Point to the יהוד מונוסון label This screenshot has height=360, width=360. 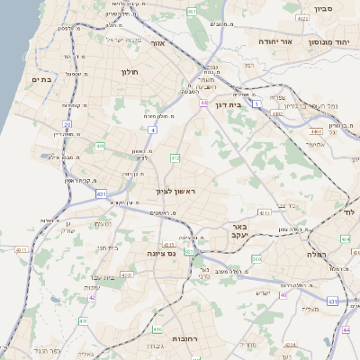(329, 42)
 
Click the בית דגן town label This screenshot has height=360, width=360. (231, 104)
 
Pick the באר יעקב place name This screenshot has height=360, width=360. (238, 232)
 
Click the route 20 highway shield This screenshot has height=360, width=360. (66, 123)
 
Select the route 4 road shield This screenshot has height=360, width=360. (152, 130)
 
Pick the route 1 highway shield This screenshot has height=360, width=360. (256, 104)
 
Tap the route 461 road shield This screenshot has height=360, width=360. (192, 11)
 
